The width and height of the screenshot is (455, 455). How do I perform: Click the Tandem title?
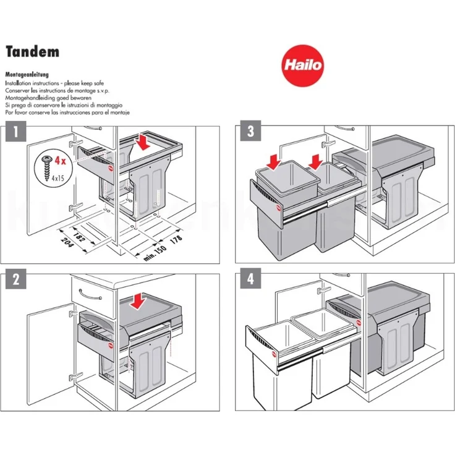pos(32,51)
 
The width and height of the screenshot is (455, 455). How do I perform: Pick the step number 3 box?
pos(250,132)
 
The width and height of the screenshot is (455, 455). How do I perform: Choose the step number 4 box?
pos(250,280)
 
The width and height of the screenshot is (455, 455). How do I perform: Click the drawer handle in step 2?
pos(91,299)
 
